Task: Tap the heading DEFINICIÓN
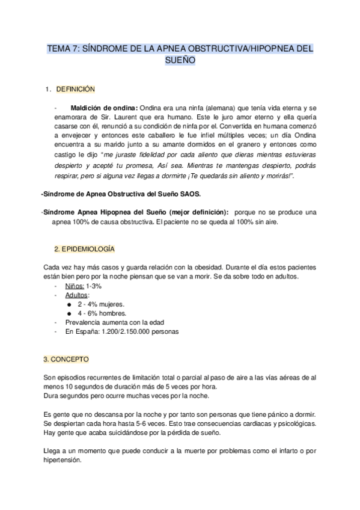coord(76,89)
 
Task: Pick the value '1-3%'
coord(93,286)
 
